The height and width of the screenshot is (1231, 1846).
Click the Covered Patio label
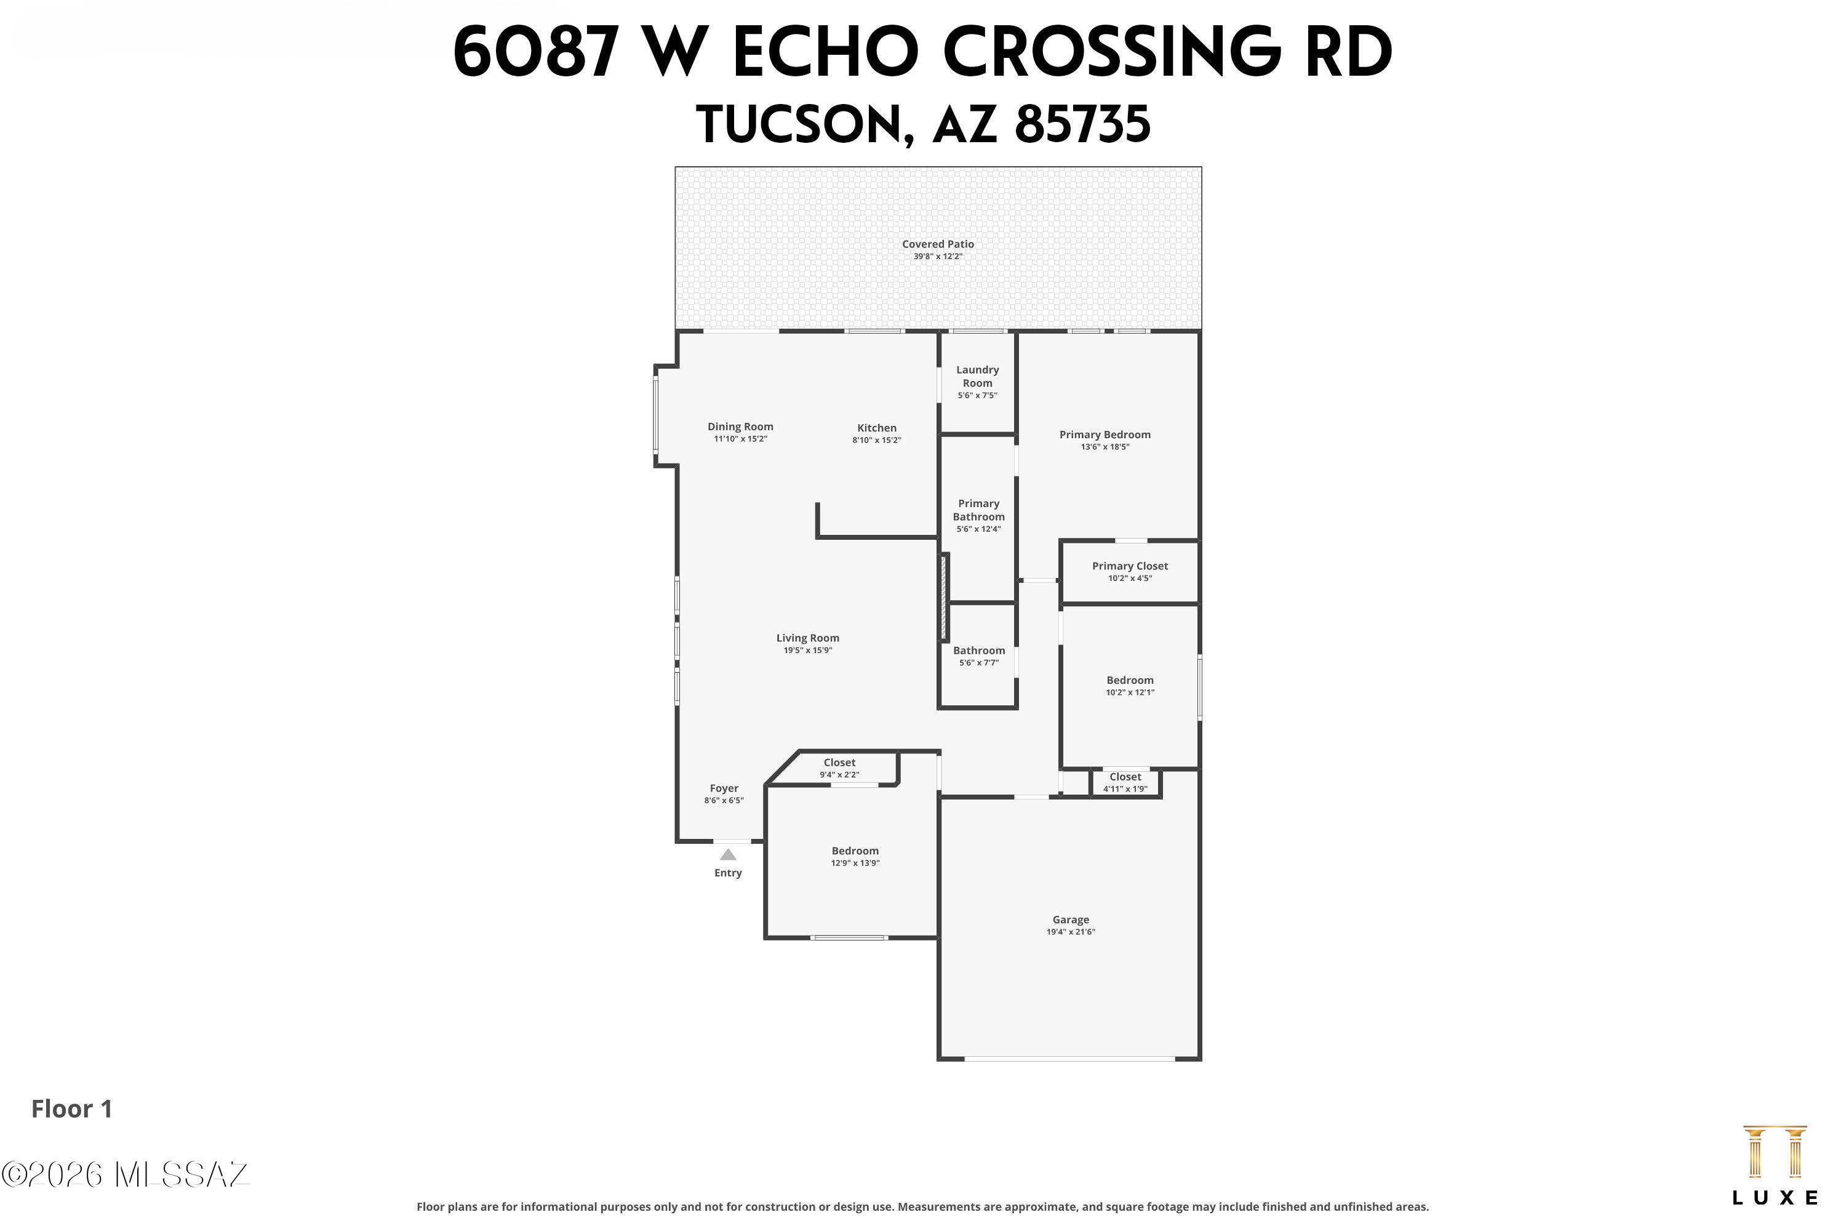coord(938,244)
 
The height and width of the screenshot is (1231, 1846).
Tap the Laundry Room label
coord(977,376)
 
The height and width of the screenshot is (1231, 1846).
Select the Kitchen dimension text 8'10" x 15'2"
coord(877,441)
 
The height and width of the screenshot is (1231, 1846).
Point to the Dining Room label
coord(740,427)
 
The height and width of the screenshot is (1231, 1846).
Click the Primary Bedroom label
coord(1105,435)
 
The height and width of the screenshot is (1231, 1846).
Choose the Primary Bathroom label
coord(979,510)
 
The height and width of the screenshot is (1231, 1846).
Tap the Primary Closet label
coord(1130,566)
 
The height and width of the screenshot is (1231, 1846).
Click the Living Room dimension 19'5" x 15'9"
coord(807,651)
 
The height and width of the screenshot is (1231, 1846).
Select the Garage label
coord(1071,920)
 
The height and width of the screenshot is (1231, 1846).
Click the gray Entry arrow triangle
coord(729,855)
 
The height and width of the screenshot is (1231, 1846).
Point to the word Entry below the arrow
coord(729,873)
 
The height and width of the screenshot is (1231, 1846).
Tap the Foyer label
coord(724,788)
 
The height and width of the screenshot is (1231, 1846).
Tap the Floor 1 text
coord(72,1109)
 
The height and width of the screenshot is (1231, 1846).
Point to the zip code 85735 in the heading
coord(1082,125)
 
